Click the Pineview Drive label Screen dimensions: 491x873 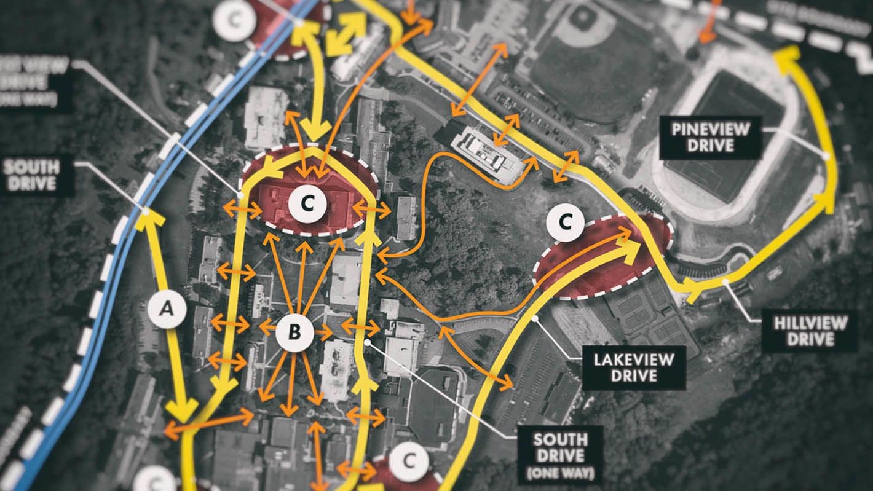pos(711,137)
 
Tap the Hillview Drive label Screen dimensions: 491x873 pos(810,331)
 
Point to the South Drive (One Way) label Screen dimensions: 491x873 pos(559,455)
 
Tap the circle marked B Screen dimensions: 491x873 pos(294,334)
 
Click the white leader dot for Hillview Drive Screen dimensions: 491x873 pos(726,281)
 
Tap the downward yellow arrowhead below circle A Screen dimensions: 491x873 pos(181,409)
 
